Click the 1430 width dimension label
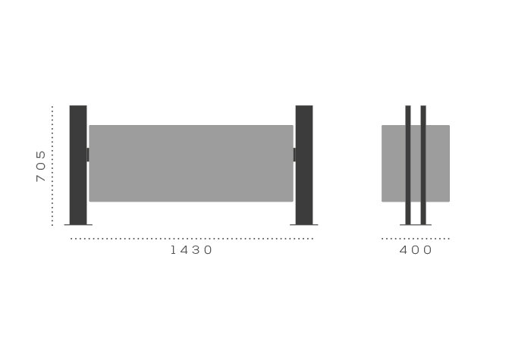[191, 250]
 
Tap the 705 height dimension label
[41, 166]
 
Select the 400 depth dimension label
[416, 250]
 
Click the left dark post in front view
[78, 164]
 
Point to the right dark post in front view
[304, 164]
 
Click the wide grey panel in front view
[191, 163]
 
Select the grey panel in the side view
[416, 163]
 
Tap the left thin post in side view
[408, 164]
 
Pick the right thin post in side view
[423, 164]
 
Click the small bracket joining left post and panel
[88, 155]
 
